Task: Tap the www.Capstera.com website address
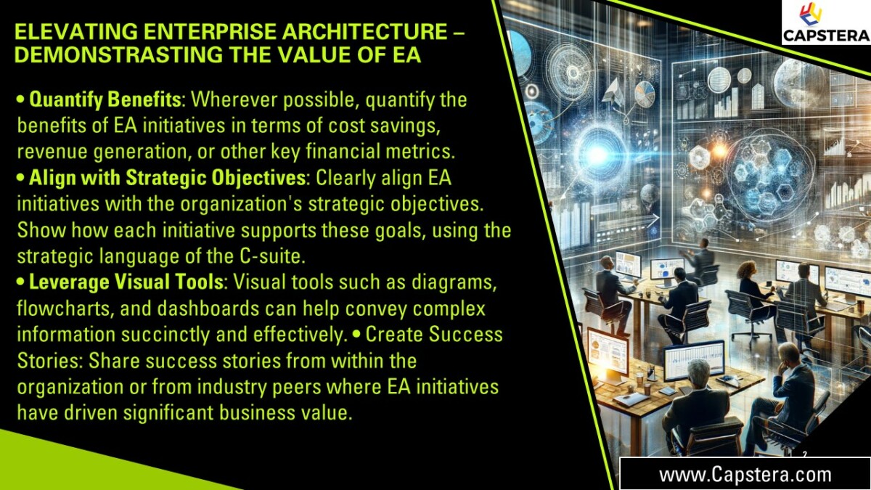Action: [745, 475]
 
